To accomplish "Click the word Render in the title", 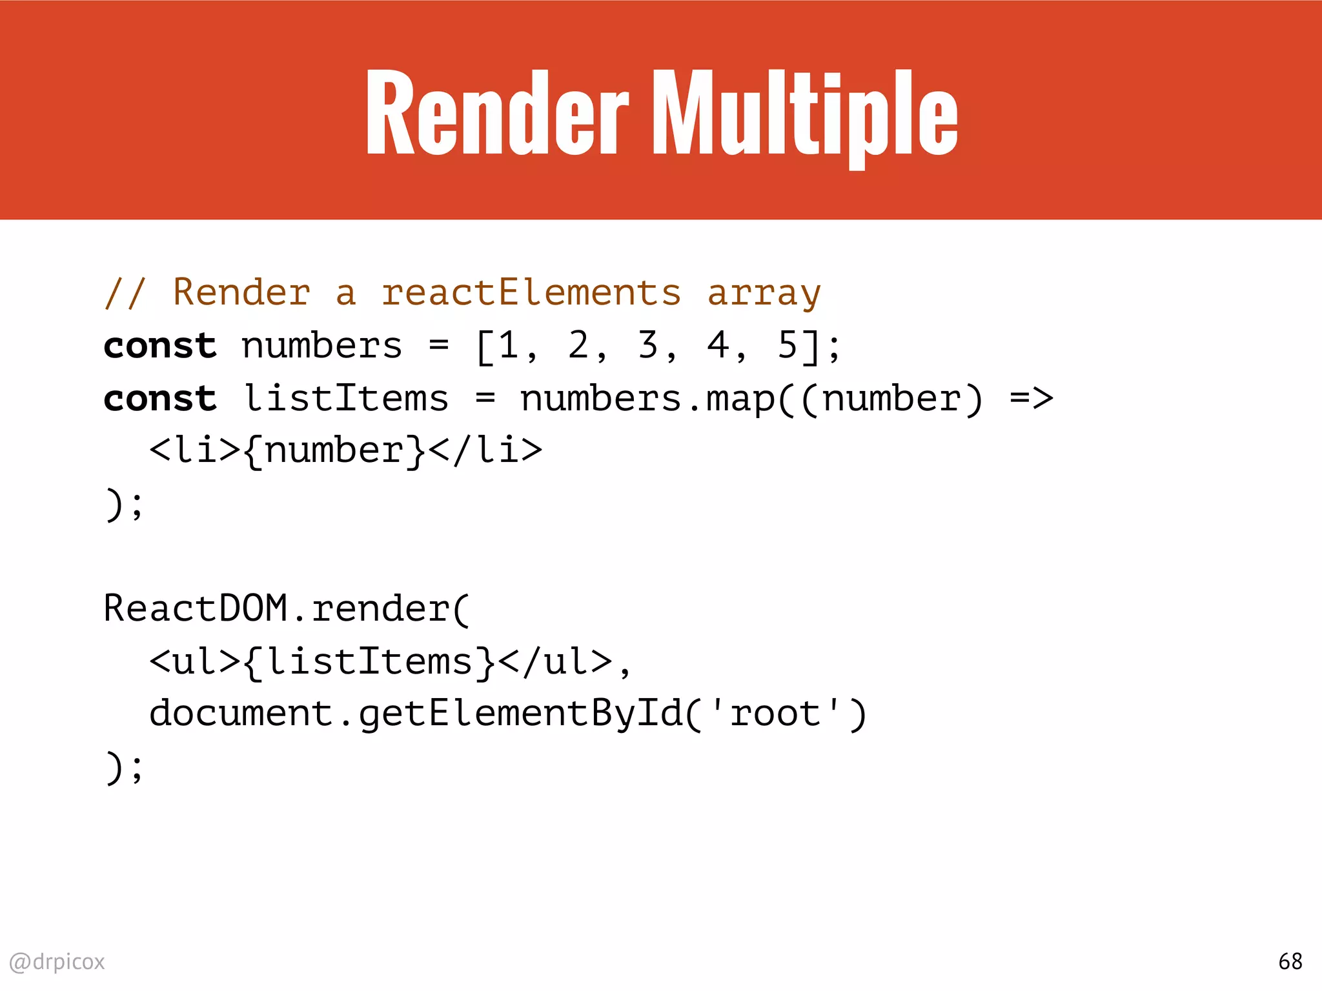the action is point(496,113).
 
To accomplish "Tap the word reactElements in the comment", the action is point(531,292).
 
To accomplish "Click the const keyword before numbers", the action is point(160,346).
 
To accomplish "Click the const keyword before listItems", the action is point(160,398).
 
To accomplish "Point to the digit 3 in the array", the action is point(647,345).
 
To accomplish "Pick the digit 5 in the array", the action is point(787,345).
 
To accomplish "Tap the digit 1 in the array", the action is point(508,345).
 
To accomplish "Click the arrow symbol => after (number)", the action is point(1031,398).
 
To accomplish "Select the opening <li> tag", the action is point(195,450).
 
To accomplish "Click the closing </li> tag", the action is point(485,450).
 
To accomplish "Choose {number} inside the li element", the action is point(334,450).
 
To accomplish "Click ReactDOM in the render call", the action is point(195,608).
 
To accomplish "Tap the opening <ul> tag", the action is point(195,661).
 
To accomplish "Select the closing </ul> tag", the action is point(554,661).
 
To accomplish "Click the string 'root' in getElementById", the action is point(775,714).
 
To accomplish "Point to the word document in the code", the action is point(241,714).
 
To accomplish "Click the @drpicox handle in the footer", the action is point(57,961).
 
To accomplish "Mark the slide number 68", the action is point(1290,961).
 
